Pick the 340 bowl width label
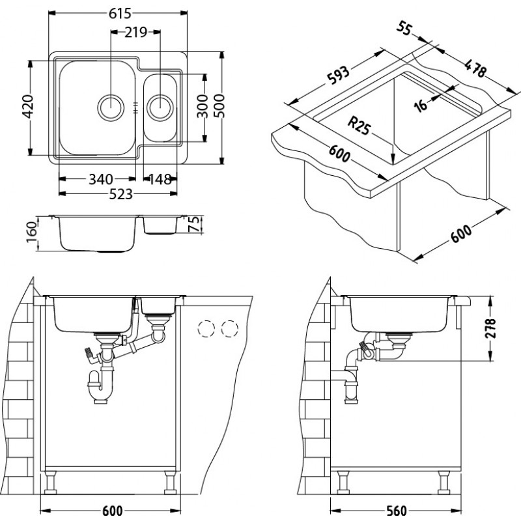[x=102, y=179]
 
